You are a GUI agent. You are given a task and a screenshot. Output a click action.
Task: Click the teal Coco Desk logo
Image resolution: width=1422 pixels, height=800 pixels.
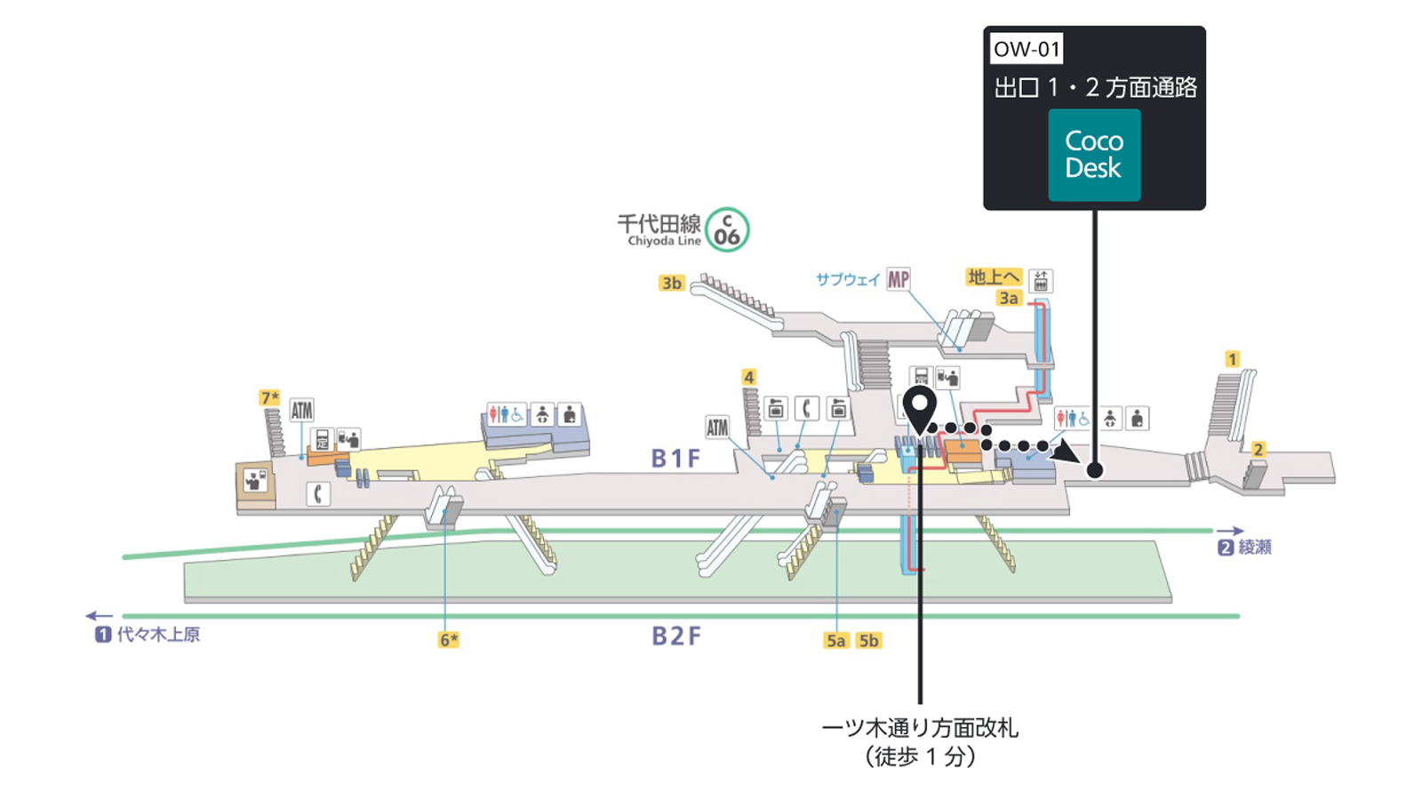pos(1094,155)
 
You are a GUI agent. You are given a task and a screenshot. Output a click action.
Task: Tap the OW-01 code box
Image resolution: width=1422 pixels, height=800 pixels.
pos(1027,49)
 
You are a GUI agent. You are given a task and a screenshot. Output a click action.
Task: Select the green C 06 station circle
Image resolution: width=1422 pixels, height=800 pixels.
pos(728,229)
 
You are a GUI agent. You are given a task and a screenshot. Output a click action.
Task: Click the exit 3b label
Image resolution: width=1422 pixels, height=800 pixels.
pos(672,284)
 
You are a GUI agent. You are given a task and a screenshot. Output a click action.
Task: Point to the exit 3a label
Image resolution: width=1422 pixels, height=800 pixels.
pos(1009,298)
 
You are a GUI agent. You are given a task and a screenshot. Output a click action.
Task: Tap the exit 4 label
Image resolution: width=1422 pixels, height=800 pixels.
pos(749,377)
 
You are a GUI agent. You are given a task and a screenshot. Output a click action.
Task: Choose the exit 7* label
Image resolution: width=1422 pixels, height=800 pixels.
pos(270,397)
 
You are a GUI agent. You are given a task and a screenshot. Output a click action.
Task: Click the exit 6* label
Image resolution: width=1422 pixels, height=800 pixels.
pos(449,640)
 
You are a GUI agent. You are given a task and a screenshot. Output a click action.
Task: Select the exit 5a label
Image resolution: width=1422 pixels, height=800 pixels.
pos(836,641)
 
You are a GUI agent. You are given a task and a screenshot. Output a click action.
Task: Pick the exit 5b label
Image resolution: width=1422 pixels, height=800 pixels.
pos(868,641)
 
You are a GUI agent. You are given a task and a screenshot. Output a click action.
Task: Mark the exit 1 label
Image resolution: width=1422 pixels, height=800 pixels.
pos(1232,359)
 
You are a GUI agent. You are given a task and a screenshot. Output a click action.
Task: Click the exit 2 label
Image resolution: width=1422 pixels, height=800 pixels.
pos(1258,450)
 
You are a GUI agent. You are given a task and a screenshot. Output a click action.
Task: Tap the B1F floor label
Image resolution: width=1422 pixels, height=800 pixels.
pos(676,459)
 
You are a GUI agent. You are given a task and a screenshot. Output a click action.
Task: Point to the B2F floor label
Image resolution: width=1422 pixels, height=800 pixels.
pos(676,636)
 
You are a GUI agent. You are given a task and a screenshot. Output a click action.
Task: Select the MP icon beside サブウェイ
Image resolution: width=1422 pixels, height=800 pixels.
pos(899,279)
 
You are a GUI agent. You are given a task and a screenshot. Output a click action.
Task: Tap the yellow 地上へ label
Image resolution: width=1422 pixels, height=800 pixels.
pos(995,276)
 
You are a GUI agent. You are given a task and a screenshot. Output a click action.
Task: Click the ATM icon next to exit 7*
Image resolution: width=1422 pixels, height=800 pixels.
pos(301,410)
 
